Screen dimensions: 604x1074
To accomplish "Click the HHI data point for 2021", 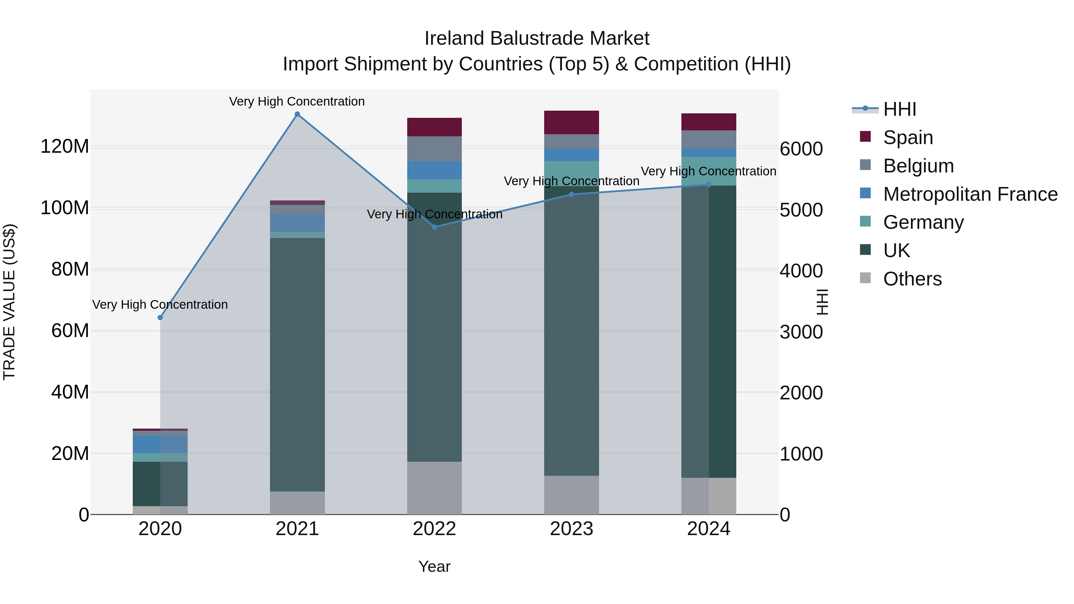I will [x=297, y=114].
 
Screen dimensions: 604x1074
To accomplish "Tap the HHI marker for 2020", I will [x=160, y=318].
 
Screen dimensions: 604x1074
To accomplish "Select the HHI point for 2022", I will [x=434, y=227].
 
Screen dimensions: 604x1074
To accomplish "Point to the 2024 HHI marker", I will [x=709, y=185].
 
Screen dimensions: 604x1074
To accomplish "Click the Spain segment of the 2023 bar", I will [x=572, y=123].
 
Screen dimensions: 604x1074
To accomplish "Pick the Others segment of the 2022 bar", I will [x=434, y=488].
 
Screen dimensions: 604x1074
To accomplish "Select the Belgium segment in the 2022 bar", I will [x=434, y=149].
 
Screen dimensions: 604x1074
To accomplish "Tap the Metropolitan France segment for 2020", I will [x=160, y=444].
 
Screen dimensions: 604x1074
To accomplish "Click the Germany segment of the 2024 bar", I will [x=709, y=171].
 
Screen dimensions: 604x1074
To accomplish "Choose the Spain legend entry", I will [x=908, y=138].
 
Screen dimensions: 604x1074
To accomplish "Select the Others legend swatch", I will [x=865, y=278].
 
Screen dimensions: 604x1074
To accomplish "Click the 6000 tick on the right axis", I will [x=801, y=149].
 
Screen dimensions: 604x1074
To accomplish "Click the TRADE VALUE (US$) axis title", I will [x=9, y=302].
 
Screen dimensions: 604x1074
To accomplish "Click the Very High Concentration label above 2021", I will [x=297, y=102].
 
